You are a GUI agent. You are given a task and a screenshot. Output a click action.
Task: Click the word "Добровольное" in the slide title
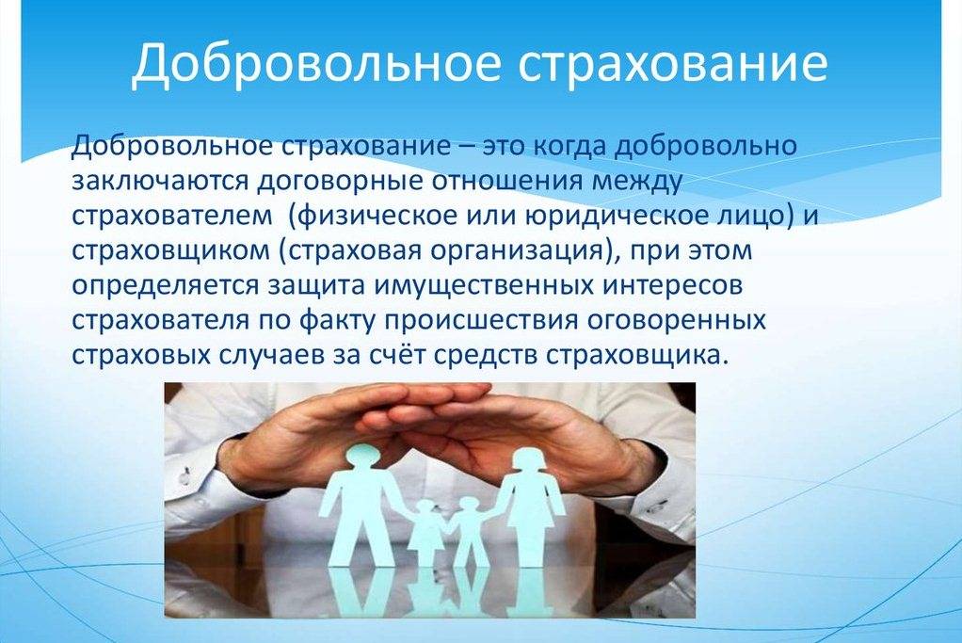314,62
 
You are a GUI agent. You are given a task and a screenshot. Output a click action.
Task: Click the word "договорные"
330,184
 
